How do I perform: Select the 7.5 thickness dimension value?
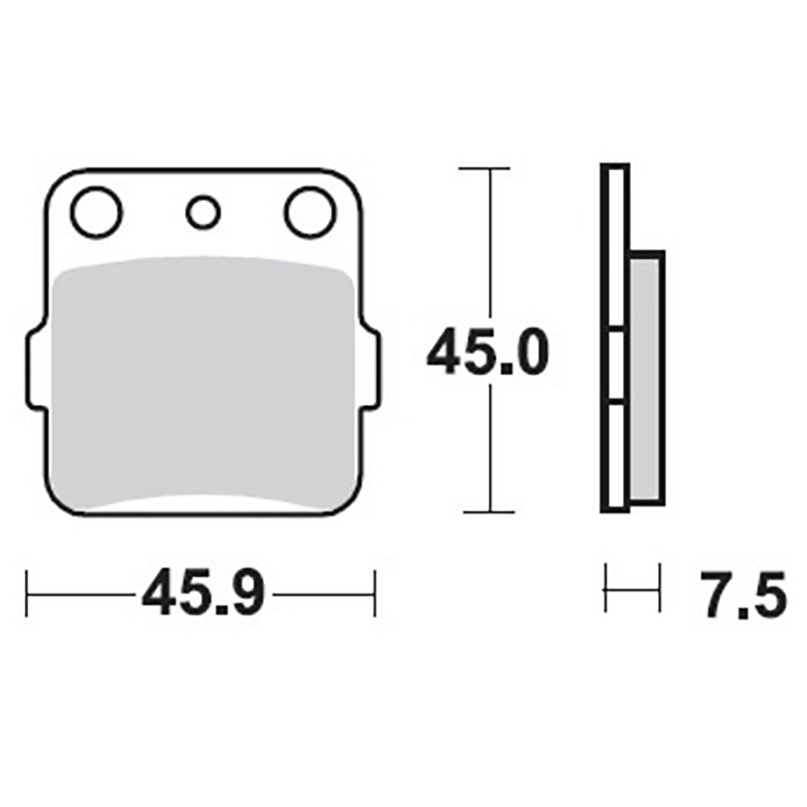point(743,594)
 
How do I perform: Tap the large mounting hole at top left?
point(96,212)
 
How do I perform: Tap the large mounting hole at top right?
point(311,212)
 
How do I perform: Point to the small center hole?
point(203,212)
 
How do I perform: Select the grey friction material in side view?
point(645,378)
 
